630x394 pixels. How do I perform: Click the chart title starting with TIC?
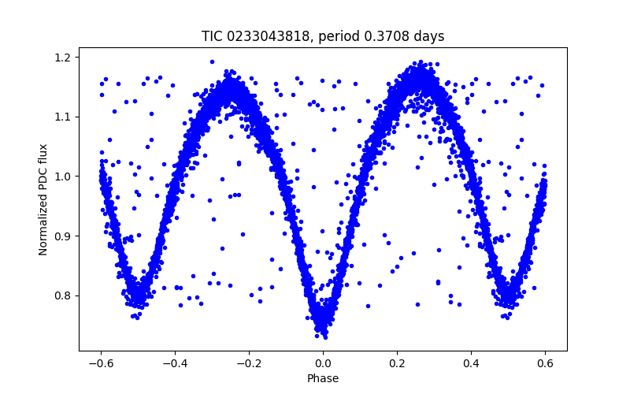tap(323, 36)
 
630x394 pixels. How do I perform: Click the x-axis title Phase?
tap(323, 378)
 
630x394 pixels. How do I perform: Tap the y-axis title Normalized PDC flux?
tap(43, 199)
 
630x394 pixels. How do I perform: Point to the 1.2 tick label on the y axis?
tap(62, 58)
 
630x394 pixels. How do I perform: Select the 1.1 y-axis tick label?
tap(62, 117)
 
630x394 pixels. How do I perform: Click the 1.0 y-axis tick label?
tap(62, 177)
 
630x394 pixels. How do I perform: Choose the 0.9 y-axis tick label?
tap(62, 236)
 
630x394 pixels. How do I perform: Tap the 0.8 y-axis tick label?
tap(62, 295)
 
